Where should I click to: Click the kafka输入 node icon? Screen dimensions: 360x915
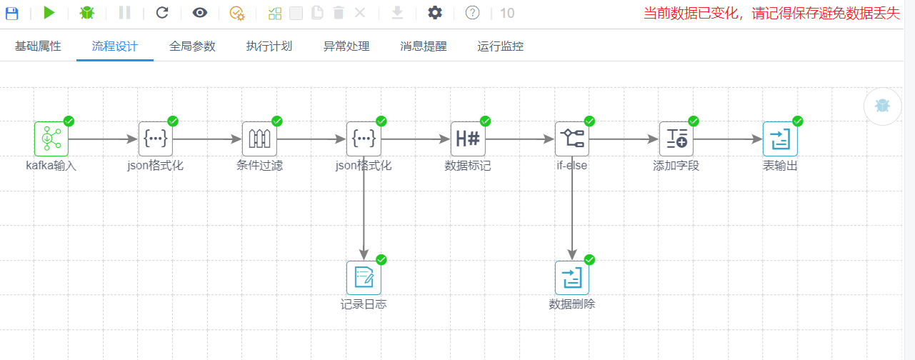pyautogui.click(x=51, y=139)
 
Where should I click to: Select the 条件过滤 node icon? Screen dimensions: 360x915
pyautogui.click(x=259, y=139)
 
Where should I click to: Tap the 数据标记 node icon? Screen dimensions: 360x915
pyautogui.click(x=468, y=139)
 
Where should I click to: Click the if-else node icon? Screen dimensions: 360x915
pyautogui.click(x=572, y=139)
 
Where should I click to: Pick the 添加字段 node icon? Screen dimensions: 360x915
pyautogui.click(x=676, y=139)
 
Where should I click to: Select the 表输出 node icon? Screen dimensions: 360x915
pyautogui.click(x=780, y=139)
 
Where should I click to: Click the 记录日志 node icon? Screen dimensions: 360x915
pyautogui.click(x=364, y=278)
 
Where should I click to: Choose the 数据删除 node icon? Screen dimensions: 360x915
pyautogui.click(x=572, y=278)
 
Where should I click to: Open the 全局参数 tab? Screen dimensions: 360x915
pyautogui.click(x=192, y=46)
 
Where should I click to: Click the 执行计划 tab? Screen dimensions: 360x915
pyautogui.click(x=269, y=46)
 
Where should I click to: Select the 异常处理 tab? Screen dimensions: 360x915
pyautogui.click(x=346, y=46)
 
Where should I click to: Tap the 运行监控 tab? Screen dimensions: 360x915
pyautogui.click(x=501, y=46)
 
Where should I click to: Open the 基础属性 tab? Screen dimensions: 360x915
pyautogui.click(x=38, y=46)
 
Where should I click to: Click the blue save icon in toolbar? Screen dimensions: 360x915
pyautogui.click(x=12, y=13)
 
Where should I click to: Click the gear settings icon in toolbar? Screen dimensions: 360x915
pyautogui.click(x=435, y=13)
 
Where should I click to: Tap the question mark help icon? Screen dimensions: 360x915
pyautogui.click(x=472, y=13)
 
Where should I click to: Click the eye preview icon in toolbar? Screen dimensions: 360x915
pyautogui.click(x=200, y=13)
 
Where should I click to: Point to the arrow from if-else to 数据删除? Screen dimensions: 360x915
pyautogui.click(x=572, y=207)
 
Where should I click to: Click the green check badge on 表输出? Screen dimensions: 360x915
pyautogui.click(x=798, y=121)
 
